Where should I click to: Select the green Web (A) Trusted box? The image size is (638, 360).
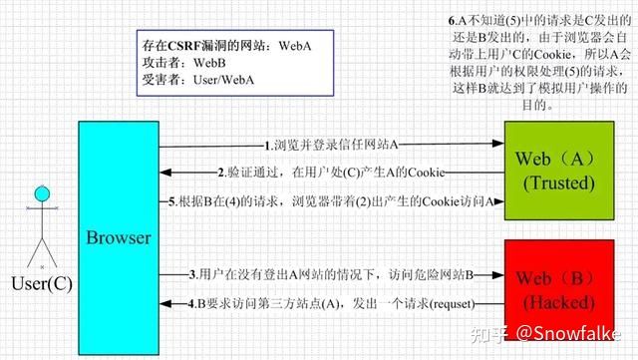click(555, 171)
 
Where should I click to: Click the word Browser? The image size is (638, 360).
click(119, 238)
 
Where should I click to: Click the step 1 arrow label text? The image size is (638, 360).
click(333, 144)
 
